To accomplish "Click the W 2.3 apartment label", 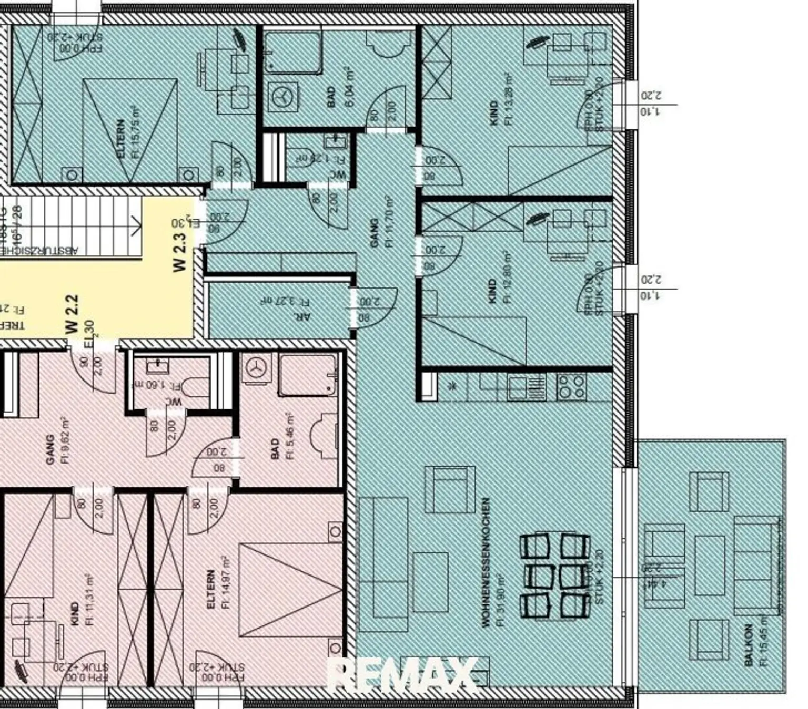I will point(180,252).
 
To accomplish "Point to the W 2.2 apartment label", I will point(72,314).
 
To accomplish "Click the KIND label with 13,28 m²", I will point(493,113).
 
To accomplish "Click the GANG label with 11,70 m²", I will point(375,232).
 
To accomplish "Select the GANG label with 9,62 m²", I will point(50,449).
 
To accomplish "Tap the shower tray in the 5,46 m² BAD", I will point(308,375).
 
